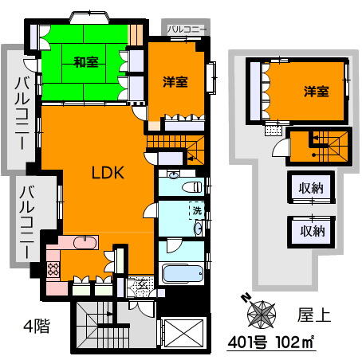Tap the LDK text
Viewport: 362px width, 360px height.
tap(104, 173)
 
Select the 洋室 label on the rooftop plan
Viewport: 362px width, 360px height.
tap(315, 92)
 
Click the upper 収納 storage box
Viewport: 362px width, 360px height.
tap(311, 190)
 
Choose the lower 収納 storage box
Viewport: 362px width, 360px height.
tap(311, 232)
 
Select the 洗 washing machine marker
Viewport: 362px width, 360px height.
tap(195, 211)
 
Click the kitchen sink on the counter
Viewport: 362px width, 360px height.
tap(80, 242)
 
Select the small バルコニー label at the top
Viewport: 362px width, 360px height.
tap(187, 29)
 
